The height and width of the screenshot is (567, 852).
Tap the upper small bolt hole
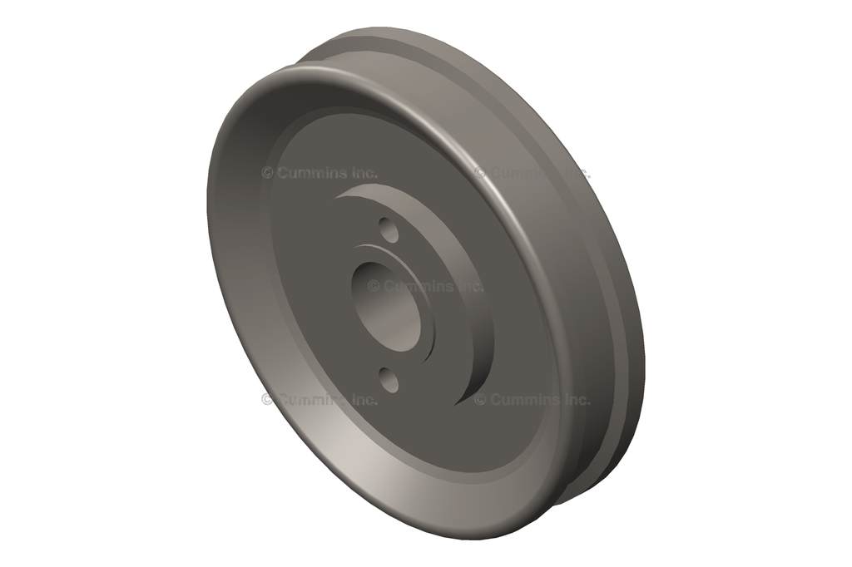[388, 229]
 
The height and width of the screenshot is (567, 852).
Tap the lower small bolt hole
[389, 380]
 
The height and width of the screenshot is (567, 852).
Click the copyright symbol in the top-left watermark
[267, 173]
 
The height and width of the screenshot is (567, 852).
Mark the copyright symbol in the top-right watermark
[480, 173]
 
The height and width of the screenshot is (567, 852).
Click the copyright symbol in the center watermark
[374, 286]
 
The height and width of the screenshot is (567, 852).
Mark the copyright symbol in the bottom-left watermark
[267, 399]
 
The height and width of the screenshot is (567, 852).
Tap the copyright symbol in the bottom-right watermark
[480, 399]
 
